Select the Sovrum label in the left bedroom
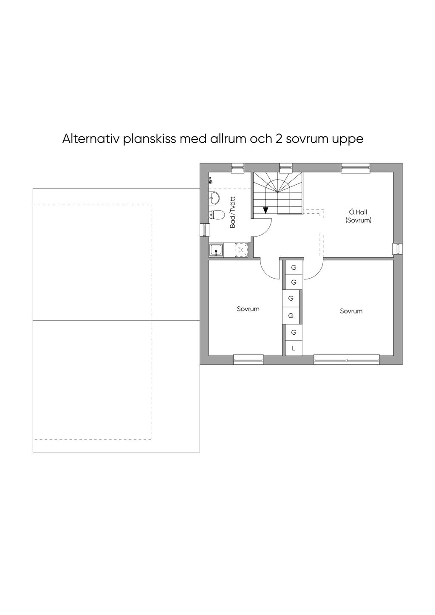[x=248, y=309]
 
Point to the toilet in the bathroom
[x=215, y=214]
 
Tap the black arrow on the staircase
[x=265, y=210]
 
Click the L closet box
[x=294, y=348]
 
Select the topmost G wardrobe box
[x=294, y=267]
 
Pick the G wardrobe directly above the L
[x=294, y=332]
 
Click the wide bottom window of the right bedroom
[x=347, y=359]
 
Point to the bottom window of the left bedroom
[x=248, y=359]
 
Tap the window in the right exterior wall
[x=398, y=249]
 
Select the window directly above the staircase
[x=285, y=168]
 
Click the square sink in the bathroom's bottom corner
[x=216, y=250]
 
